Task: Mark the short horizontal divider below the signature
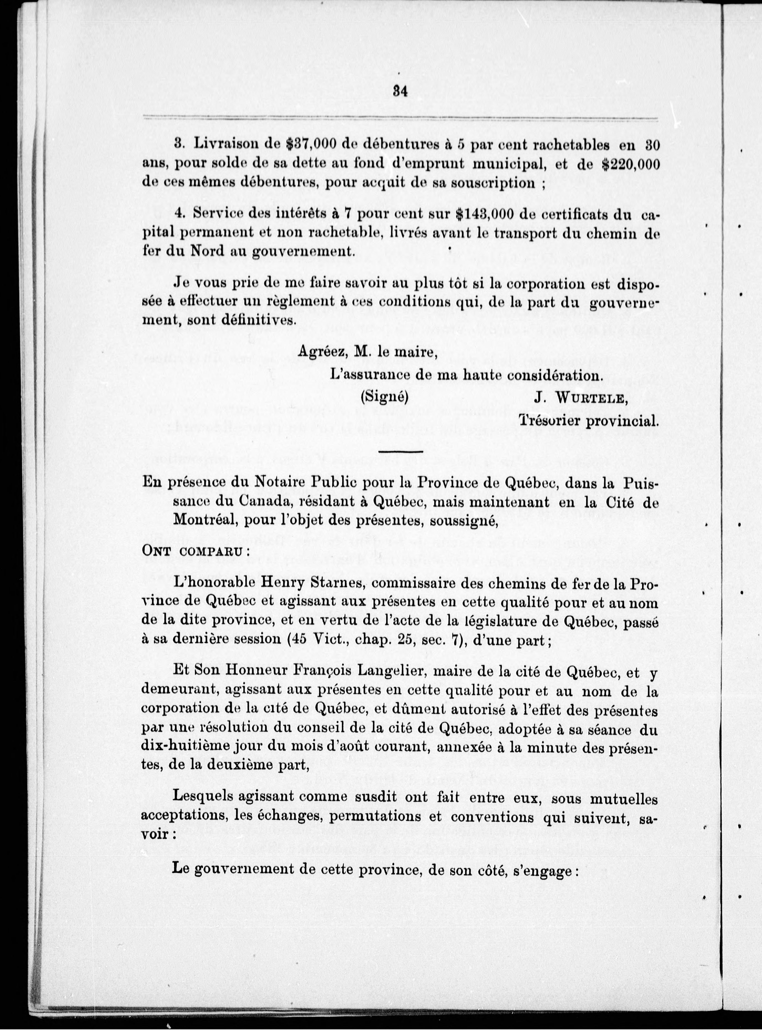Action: (400, 451)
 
